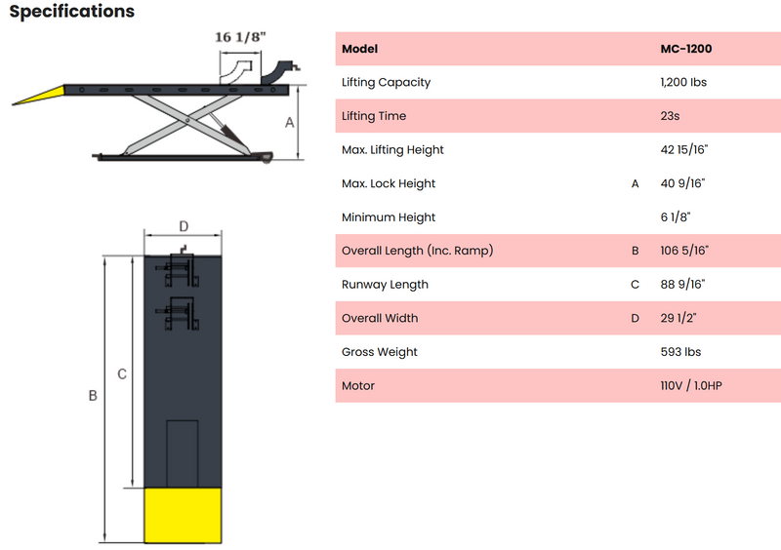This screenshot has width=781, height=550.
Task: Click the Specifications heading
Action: point(71,12)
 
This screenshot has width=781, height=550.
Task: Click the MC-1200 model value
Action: point(686,49)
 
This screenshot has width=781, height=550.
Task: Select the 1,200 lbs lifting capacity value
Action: point(683,82)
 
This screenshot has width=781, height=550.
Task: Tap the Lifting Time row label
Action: point(374,116)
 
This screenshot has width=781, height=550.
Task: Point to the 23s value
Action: point(670,116)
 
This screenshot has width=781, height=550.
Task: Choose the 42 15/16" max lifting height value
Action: point(684,149)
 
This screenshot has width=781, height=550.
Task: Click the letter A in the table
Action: point(636,183)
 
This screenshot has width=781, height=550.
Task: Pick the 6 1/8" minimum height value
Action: point(676,217)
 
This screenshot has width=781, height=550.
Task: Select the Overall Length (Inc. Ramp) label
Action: point(418,251)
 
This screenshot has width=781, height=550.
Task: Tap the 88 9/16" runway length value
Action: point(682,284)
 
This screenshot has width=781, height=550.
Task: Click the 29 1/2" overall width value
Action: point(678,318)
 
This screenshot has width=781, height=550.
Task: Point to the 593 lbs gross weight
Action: point(680,352)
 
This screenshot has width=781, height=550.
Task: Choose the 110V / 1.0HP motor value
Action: point(691,386)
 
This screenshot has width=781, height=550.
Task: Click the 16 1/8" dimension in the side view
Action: point(240,37)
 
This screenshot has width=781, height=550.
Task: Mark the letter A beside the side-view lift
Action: point(289,123)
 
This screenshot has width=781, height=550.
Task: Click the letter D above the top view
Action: point(184,226)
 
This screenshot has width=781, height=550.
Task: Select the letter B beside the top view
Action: point(93,396)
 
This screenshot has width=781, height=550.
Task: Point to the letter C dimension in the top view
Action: point(122,374)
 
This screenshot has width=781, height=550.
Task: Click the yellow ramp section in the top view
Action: point(183,515)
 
